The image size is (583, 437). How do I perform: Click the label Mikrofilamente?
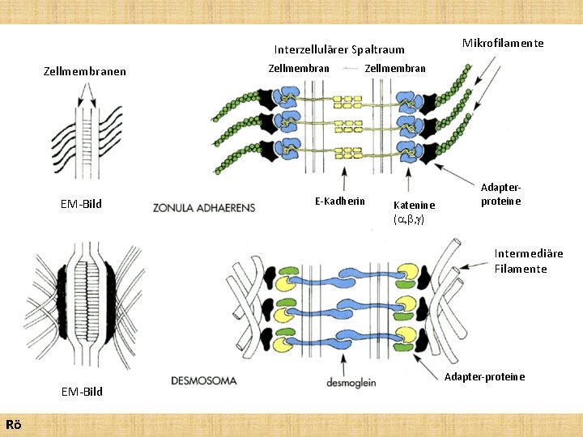click(503, 43)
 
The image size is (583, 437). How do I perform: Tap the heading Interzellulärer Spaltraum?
click(338, 49)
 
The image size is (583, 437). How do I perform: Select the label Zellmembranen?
click(84, 71)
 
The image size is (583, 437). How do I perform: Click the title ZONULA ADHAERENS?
click(203, 208)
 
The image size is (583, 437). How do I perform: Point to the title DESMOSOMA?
click(204, 380)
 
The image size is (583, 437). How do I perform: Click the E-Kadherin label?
click(339, 201)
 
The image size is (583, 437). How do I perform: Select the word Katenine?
click(414, 206)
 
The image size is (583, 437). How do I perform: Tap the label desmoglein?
click(351, 383)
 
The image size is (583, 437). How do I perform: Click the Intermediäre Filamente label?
click(529, 261)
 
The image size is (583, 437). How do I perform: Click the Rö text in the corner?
click(13, 425)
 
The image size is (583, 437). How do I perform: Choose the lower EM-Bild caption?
click(82, 392)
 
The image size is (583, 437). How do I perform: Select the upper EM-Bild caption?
click(81, 204)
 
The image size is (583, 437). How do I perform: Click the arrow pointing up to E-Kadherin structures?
click(346, 178)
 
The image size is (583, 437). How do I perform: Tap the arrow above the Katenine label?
click(409, 180)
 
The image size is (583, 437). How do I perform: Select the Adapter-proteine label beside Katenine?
click(500, 193)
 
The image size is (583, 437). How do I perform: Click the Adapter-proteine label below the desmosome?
click(485, 376)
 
